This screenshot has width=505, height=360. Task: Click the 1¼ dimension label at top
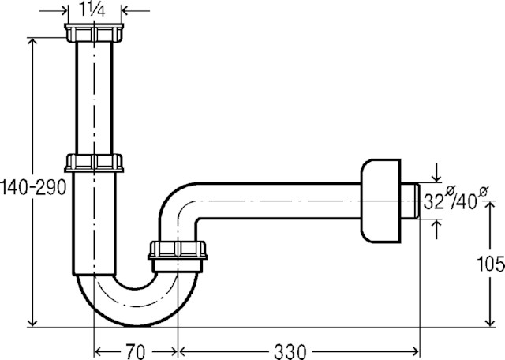(x=94, y=11)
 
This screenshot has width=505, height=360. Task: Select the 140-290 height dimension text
(x=33, y=188)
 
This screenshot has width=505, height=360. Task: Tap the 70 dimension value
(x=137, y=348)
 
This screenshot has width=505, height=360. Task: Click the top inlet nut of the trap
(x=94, y=33)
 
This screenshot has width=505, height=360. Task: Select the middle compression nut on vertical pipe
(x=94, y=163)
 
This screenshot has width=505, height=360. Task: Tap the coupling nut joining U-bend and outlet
(x=178, y=251)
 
